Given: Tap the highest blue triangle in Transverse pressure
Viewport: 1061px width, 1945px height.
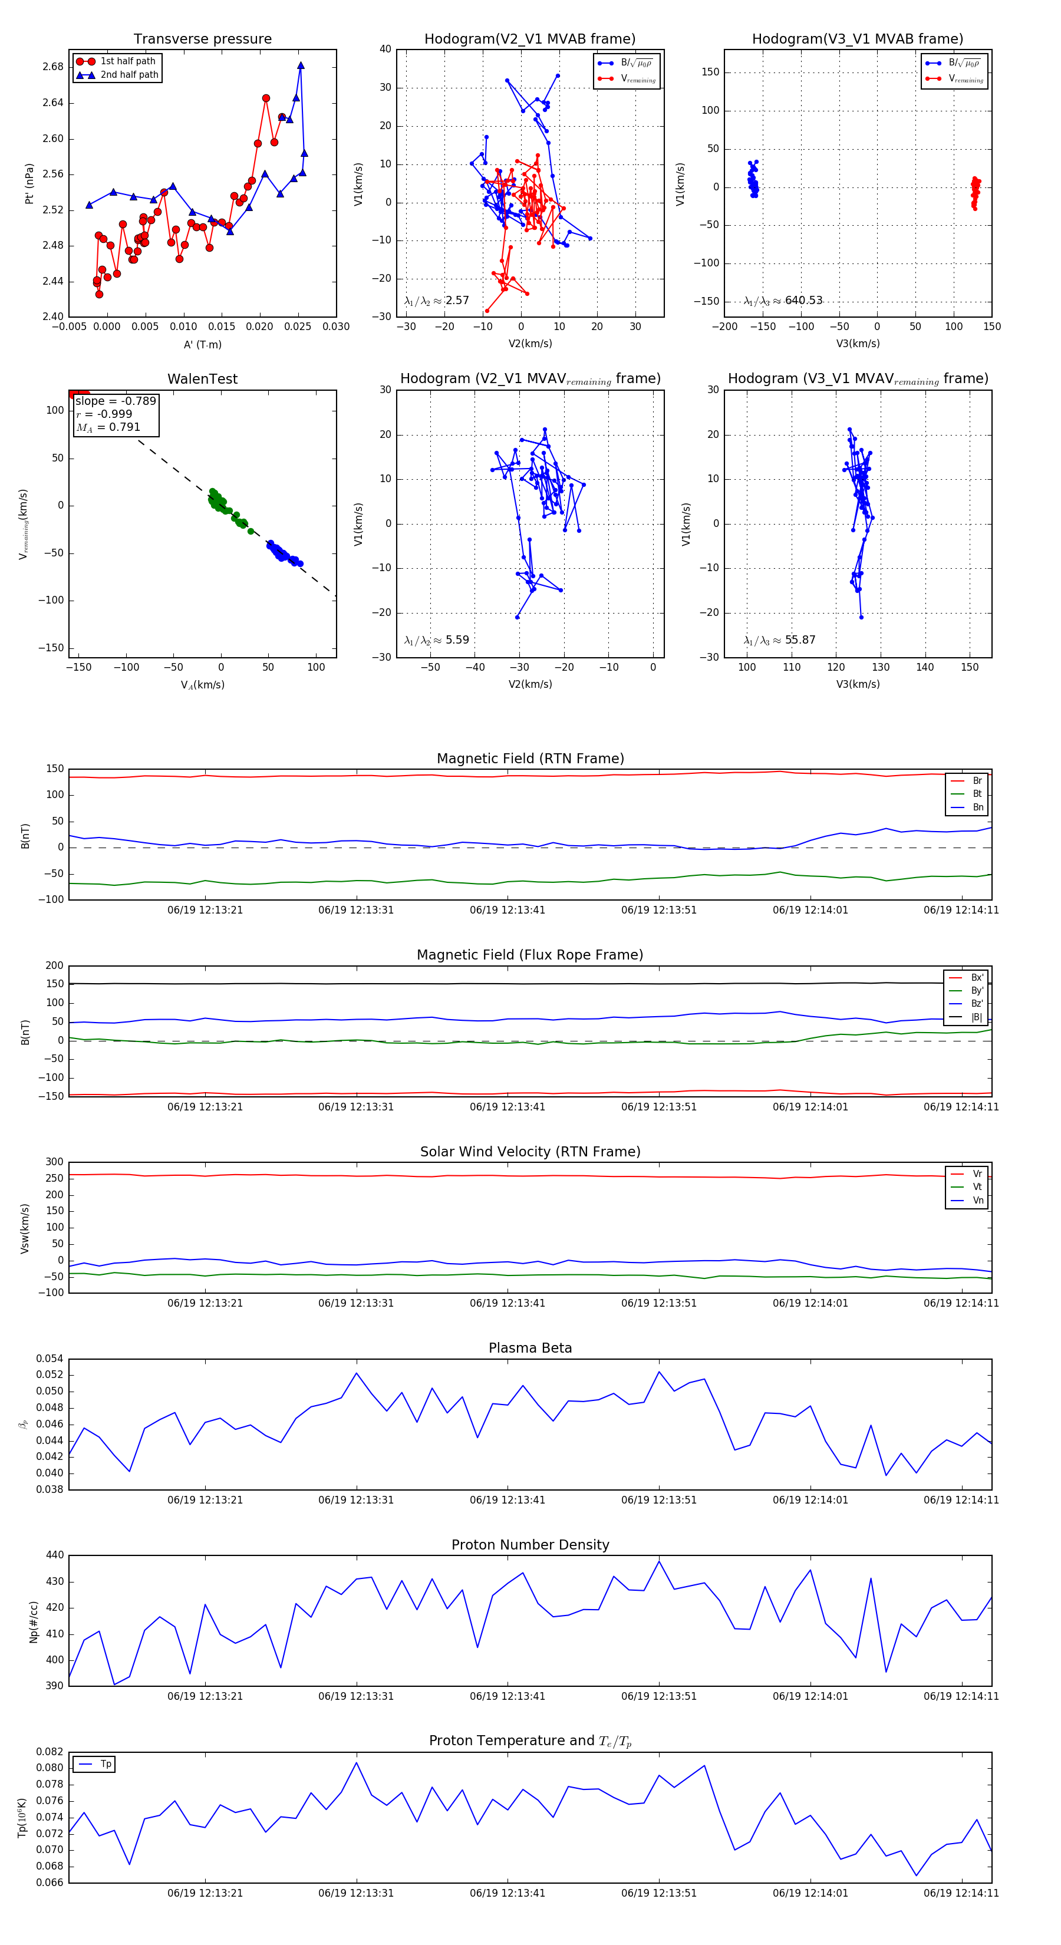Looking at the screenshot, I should coord(301,65).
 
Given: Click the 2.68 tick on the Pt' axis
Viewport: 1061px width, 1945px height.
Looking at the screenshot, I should coord(53,67).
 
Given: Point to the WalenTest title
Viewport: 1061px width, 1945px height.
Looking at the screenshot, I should coord(202,379).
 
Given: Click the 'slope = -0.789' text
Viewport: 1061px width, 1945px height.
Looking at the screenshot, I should coord(116,401).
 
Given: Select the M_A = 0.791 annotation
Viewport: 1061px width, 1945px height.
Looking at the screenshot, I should coord(108,427).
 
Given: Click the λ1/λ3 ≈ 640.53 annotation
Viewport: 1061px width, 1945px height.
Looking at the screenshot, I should coord(783,301).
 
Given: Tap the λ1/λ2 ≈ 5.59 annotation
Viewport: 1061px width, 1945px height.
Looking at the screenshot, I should coord(436,640).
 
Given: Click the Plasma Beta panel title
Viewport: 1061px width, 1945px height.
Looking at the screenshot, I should coord(530,1349).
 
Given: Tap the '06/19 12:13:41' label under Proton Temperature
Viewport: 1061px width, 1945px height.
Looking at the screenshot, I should coord(507,1893).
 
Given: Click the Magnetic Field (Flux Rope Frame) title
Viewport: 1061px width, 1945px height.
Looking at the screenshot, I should coord(530,955).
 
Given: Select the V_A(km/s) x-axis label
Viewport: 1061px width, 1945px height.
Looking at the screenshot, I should coord(202,685).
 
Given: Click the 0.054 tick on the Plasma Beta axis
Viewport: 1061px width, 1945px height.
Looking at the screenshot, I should coord(50,1359).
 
